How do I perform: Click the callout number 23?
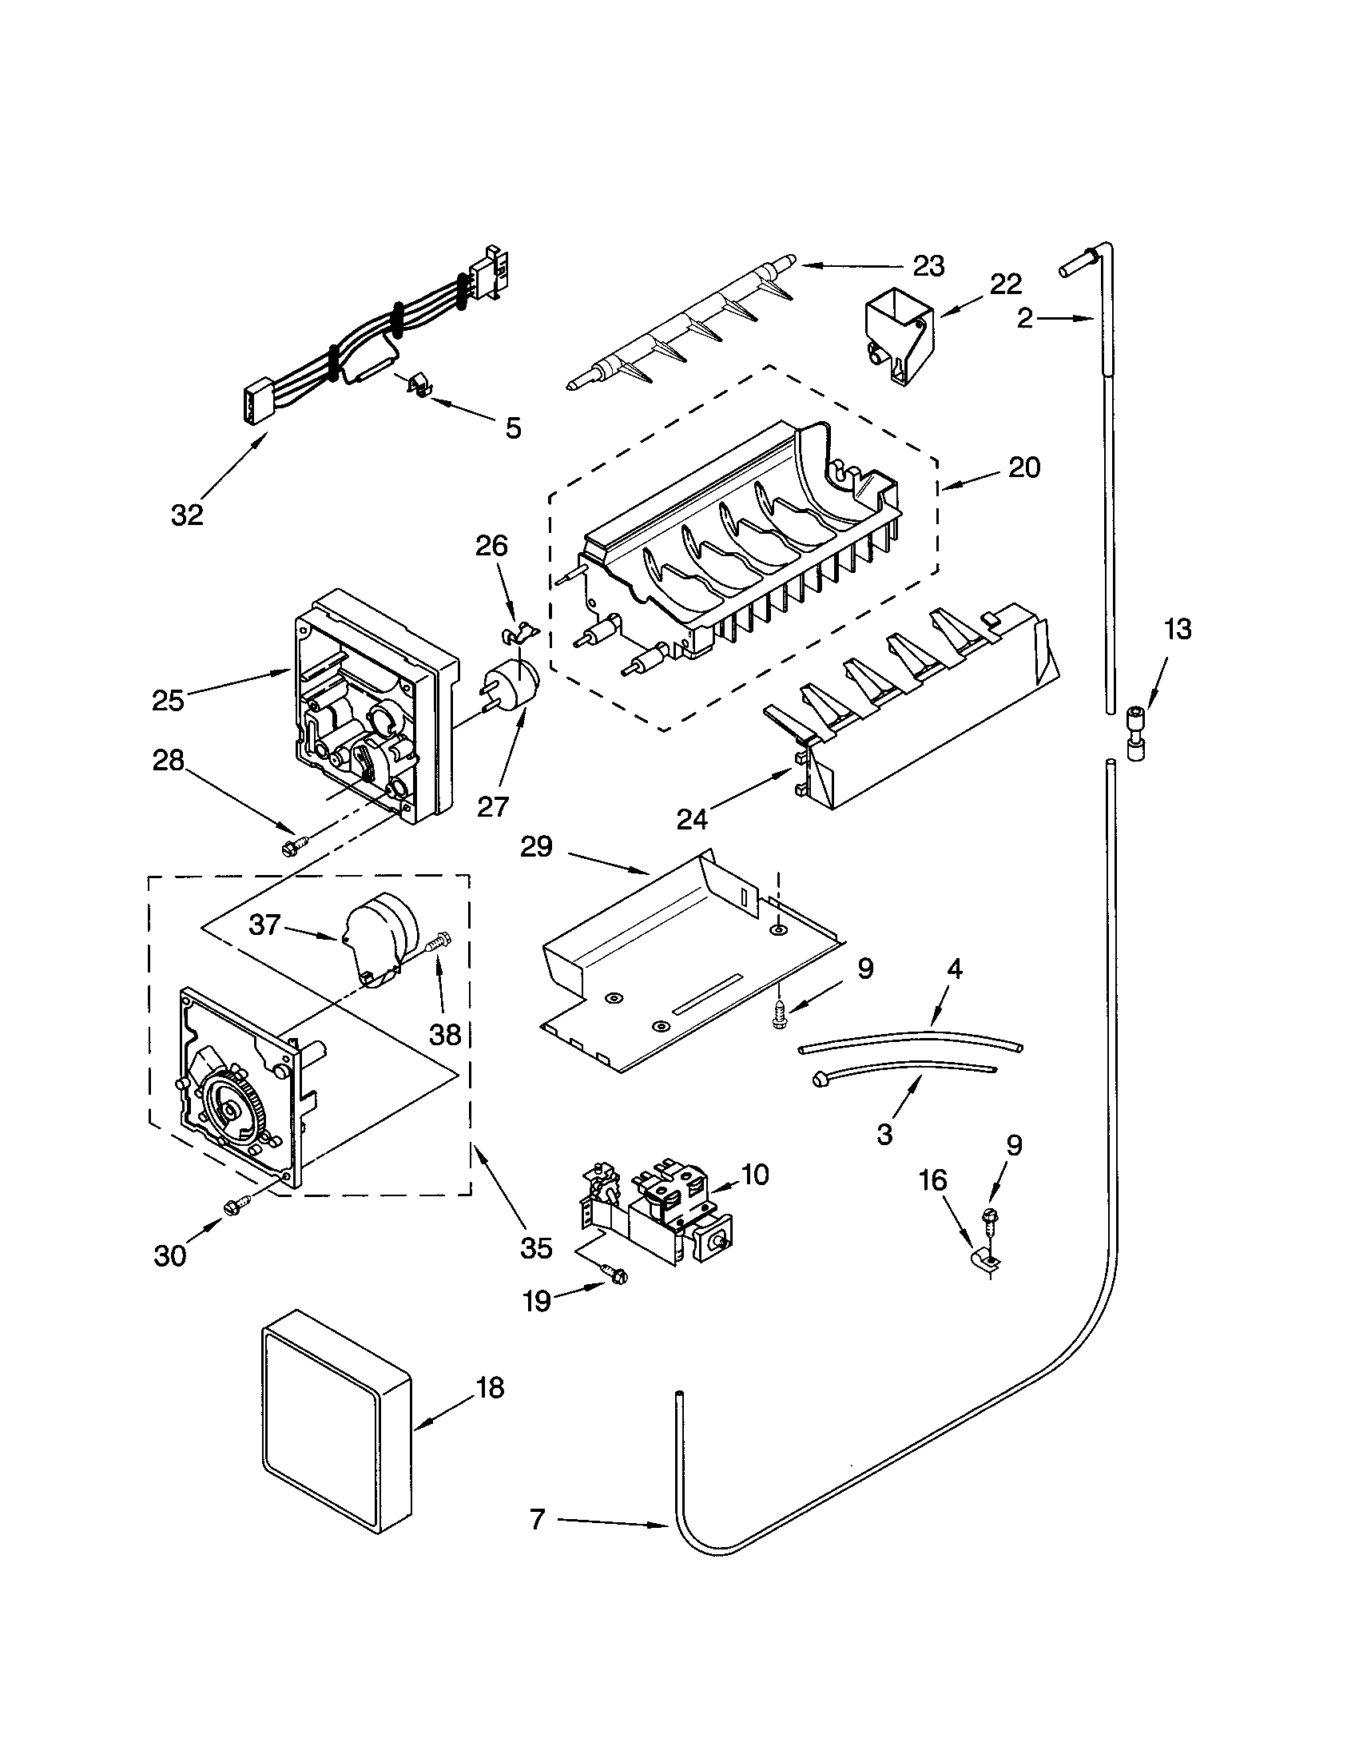[928, 266]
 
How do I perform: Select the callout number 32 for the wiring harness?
[187, 515]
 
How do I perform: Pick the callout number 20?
[1023, 467]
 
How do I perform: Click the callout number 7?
[538, 1520]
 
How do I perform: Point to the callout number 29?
[537, 847]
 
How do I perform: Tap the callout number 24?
[692, 819]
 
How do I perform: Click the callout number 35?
[536, 1247]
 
